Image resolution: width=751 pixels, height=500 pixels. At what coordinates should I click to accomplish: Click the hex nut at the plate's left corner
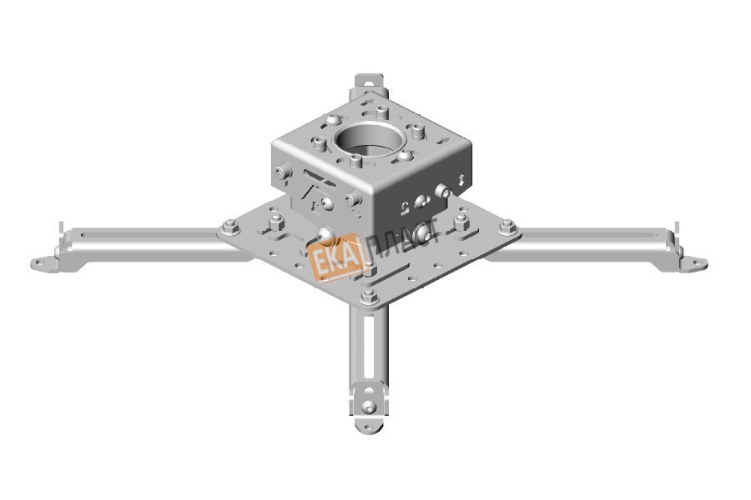(x=231, y=227)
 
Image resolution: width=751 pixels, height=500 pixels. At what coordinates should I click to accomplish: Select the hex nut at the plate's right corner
(x=507, y=226)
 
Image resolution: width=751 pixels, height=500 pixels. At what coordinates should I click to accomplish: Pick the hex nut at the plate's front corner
(x=369, y=297)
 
